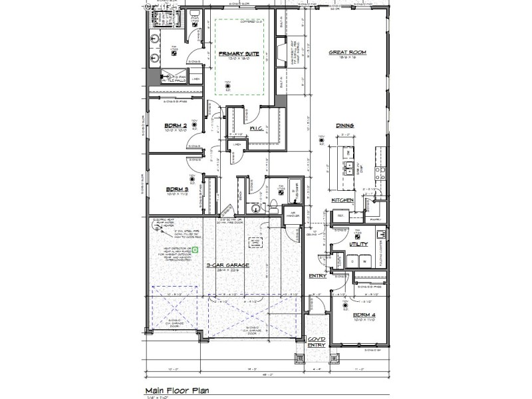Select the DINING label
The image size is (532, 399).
coord(344,124)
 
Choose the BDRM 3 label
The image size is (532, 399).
coord(176,190)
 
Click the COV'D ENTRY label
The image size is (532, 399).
coord(316,342)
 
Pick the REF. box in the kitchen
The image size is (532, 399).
coord(339,216)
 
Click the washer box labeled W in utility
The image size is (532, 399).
coord(365,262)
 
